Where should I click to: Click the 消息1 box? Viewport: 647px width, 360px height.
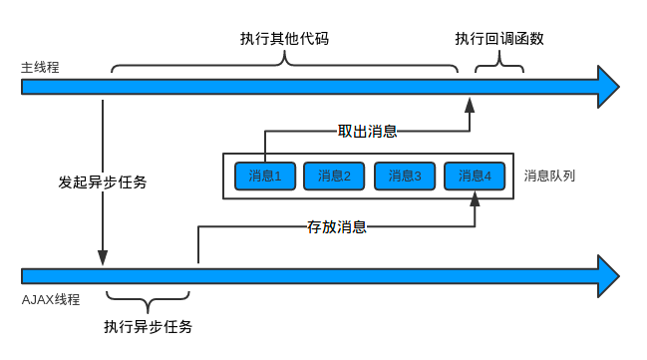coord(265,176)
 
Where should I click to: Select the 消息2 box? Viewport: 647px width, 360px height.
coord(334,176)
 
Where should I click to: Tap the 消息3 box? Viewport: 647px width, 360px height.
coord(405,176)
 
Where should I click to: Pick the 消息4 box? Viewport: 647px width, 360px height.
coord(475,176)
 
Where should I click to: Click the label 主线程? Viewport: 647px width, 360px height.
coord(41,68)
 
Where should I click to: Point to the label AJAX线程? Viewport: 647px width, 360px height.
coord(50,299)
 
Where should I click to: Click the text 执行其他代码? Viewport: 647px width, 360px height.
coord(284,39)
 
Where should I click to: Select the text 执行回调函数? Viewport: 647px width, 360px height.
coord(499,39)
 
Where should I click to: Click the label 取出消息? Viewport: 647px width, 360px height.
coord(367,131)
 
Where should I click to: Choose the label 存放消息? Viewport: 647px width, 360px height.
coord(336,226)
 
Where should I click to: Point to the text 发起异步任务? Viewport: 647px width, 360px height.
coord(103,182)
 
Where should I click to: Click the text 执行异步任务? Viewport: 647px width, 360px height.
coord(148,326)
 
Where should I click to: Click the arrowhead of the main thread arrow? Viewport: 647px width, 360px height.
coord(608,87)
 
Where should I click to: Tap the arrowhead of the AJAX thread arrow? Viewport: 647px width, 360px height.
coord(608,274)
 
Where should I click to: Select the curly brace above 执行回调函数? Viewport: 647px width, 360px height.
coord(498,67)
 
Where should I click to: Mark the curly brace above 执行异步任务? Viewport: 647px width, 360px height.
coord(148,298)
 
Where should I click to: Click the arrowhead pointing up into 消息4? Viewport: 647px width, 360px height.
coord(475,199)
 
